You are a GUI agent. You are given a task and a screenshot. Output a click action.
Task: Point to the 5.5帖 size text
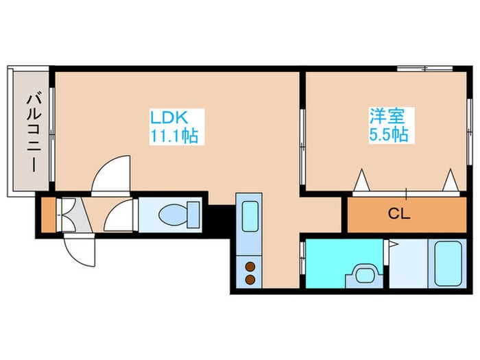pos(389,135)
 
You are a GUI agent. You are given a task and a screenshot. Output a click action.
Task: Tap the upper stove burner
pos(250,267)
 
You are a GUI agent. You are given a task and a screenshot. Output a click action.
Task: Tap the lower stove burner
pos(250,279)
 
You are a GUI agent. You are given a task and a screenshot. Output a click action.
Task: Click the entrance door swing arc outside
pos(77,250)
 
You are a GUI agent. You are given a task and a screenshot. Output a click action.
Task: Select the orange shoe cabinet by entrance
pos(46,215)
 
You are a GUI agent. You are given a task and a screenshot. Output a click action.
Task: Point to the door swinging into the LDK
pos(111,176)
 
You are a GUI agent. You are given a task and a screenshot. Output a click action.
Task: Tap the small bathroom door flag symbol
pos(393,243)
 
